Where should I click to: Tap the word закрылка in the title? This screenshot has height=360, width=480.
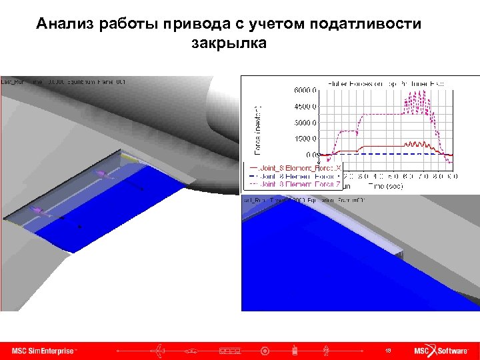[x=229, y=44]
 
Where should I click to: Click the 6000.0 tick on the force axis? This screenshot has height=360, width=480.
[x=305, y=89]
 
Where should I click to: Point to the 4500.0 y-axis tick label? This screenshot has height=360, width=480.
[x=305, y=106]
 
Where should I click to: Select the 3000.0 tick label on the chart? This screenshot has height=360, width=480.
[x=305, y=122]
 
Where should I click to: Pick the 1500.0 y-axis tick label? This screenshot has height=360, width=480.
[x=305, y=139]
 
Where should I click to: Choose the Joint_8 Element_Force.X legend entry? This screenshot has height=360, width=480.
[x=293, y=169]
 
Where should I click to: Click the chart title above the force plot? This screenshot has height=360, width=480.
[x=386, y=83]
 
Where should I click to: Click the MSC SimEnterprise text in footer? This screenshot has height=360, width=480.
[x=44, y=350]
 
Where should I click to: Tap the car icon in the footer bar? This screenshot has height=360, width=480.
[x=192, y=350]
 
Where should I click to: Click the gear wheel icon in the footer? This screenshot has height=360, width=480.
[x=265, y=350]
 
